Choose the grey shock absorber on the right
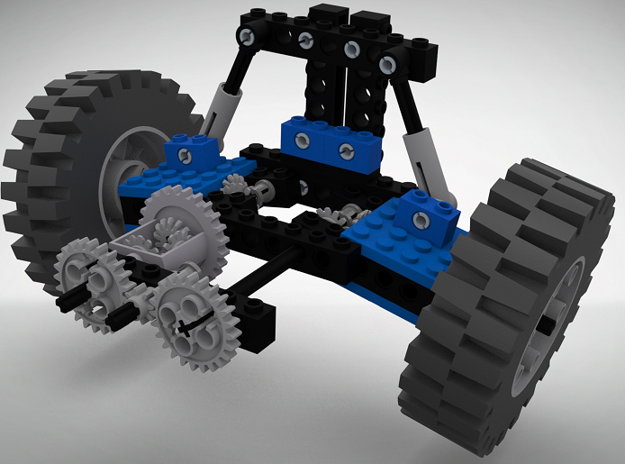[x=422, y=157]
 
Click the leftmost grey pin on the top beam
[x=247, y=35]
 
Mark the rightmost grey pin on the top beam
[x=387, y=63]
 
